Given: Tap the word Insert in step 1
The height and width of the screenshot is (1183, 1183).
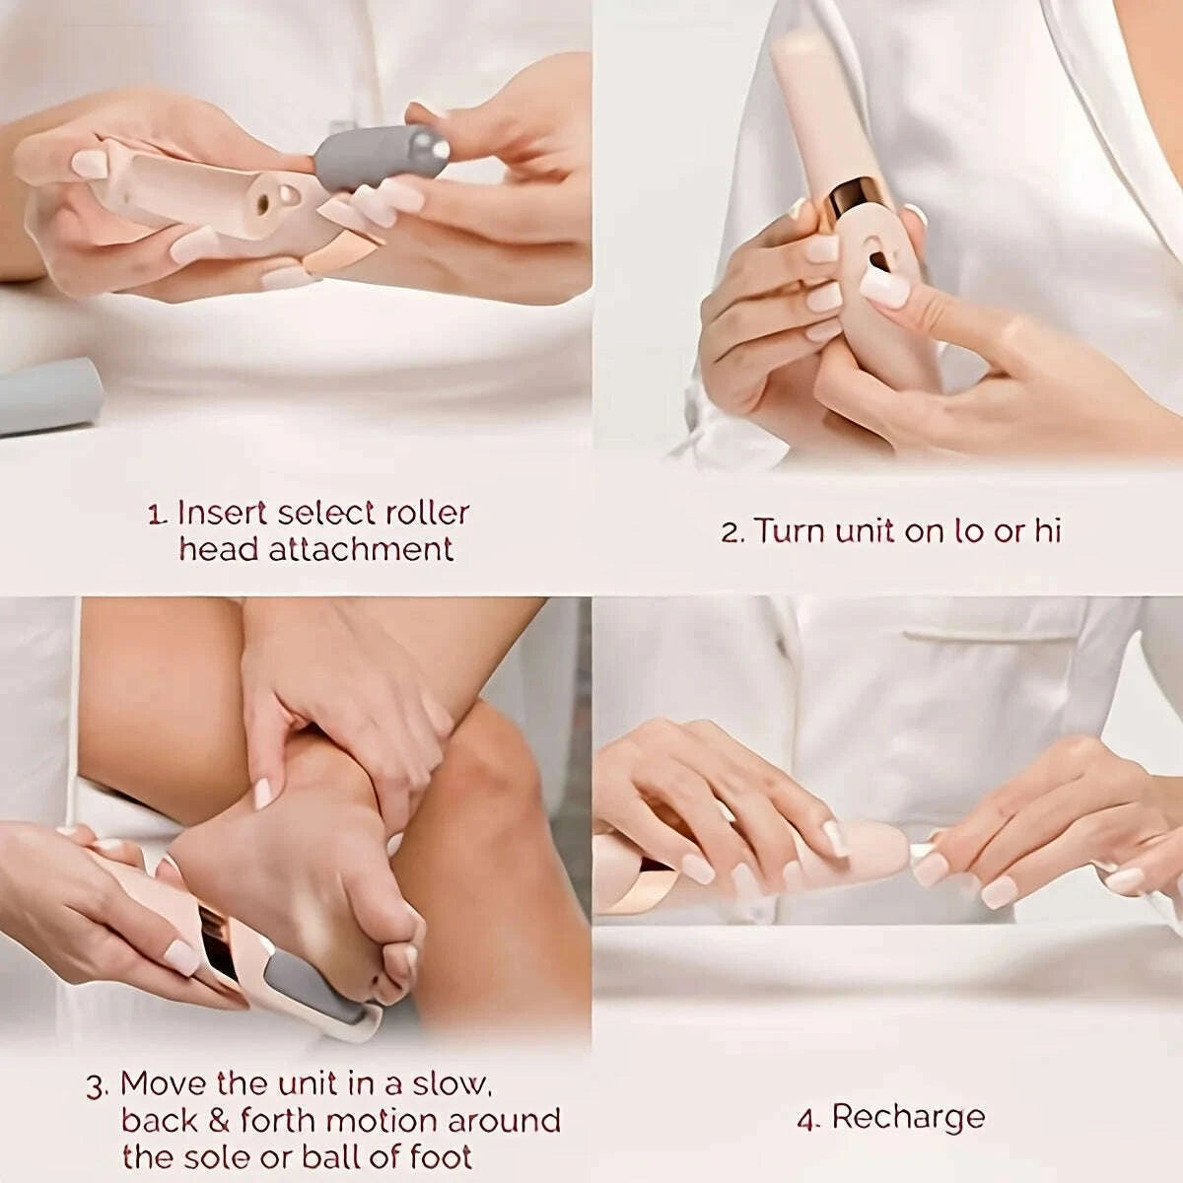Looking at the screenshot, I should click(222, 514).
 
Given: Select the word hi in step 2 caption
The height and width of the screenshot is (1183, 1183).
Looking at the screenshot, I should click(1047, 531).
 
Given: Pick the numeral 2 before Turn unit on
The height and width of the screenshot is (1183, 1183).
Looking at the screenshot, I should click(730, 533).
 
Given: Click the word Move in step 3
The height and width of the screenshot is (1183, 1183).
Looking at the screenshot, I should click(165, 1084).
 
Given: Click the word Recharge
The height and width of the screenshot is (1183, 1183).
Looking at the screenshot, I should click(908, 1118).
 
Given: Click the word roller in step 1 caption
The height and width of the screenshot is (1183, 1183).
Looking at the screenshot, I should click(425, 514).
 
